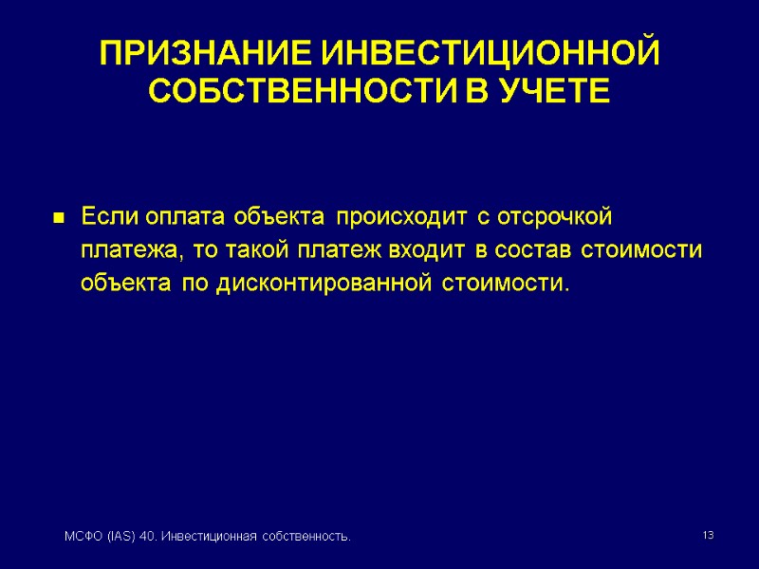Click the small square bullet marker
[x=59, y=219]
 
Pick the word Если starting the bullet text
[x=110, y=217]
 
